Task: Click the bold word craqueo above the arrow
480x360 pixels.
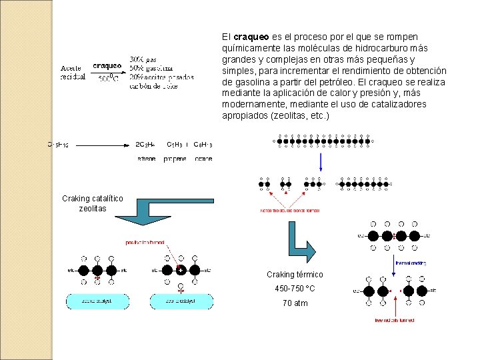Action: [x=107, y=66]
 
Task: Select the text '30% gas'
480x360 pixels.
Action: [x=144, y=59]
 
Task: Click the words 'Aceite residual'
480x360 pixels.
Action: [x=73, y=72]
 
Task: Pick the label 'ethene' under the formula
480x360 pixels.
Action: [x=146, y=159]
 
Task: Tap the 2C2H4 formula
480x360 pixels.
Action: [x=145, y=144]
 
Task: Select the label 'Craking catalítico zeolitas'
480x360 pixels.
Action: [x=93, y=203]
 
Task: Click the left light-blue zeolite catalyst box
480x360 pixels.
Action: [x=97, y=301]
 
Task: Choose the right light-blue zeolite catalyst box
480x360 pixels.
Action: [x=181, y=301]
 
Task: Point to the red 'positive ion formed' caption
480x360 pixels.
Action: [x=145, y=242]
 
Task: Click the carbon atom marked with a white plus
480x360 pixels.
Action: [x=180, y=270]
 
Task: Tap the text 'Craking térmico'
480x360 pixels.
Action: [x=295, y=275]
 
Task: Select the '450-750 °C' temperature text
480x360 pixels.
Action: [x=295, y=289]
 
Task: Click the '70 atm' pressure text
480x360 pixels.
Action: [x=295, y=303]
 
